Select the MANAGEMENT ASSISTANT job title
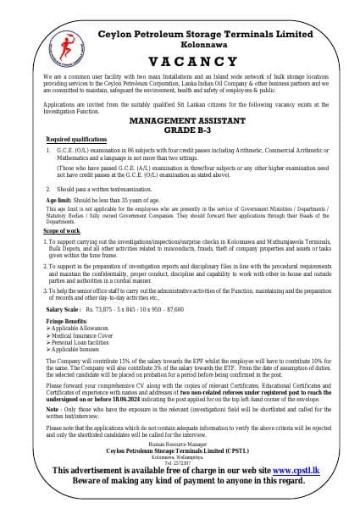coord(180,121)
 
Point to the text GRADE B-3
coord(180,130)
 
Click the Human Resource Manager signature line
coord(180,444)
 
